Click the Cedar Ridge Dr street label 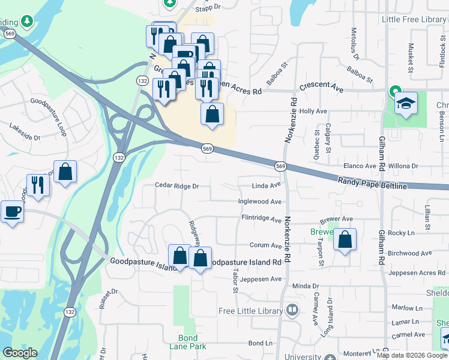click(x=176, y=186)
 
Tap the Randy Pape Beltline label click(x=372, y=183)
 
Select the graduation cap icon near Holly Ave click(x=406, y=104)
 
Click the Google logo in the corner click(x=20, y=353)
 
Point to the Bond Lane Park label click(x=192, y=342)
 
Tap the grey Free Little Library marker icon click(x=292, y=311)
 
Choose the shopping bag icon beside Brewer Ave click(x=345, y=241)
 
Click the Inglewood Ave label click(x=260, y=202)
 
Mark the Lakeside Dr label click(x=25, y=133)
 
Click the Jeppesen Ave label click(x=259, y=279)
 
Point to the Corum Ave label click(x=265, y=246)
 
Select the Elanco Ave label click(x=358, y=166)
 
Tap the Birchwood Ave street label click(x=410, y=253)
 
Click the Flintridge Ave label click(x=261, y=218)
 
